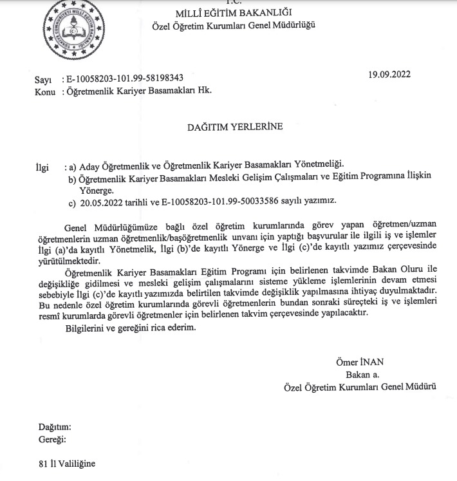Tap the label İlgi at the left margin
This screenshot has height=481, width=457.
42,167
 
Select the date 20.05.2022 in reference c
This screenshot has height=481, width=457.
99,202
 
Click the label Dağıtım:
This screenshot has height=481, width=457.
55,426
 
